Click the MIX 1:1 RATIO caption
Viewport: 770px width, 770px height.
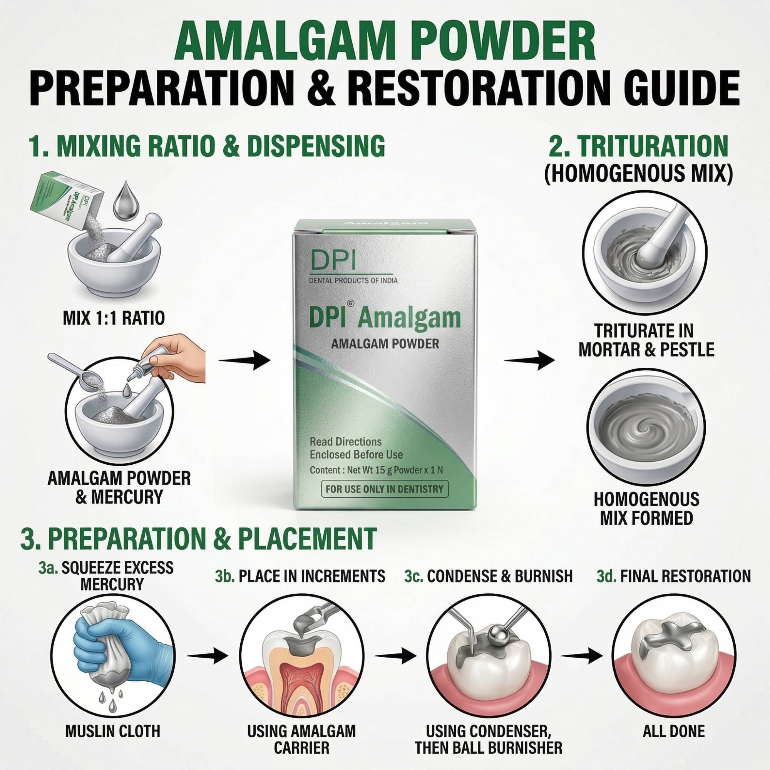click(x=114, y=318)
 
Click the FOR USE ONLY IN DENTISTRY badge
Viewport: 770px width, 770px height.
click(x=384, y=489)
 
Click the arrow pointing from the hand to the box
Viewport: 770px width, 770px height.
click(x=244, y=362)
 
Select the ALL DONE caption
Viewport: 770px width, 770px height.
click(x=673, y=731)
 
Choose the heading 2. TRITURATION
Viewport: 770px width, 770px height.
click(x=638, y=147)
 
